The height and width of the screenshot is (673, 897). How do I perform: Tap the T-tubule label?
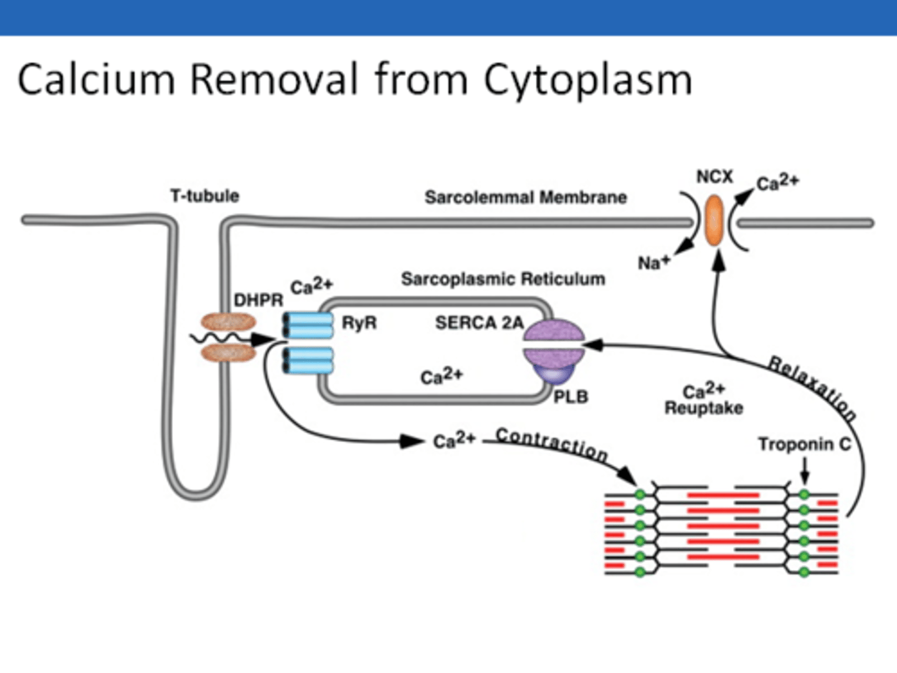[x=204, y=196]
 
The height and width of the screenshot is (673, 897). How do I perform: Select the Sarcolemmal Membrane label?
[x=525, y=198]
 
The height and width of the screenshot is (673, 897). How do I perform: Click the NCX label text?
[x=714, y=177]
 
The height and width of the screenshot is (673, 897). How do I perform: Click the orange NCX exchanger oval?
[x=714, y=220]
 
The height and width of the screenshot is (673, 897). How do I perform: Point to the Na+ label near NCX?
[x=653, y=262]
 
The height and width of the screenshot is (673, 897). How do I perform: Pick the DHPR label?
[x=258, y=300]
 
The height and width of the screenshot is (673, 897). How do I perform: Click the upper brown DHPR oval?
[x=228, y=322]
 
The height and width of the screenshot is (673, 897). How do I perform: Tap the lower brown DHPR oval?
[x=228, y=353]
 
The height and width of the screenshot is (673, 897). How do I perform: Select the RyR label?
[x=359, y=323]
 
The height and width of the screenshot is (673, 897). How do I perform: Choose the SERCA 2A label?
[x=478, y=323]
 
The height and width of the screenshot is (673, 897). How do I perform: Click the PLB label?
[x=571, y=397]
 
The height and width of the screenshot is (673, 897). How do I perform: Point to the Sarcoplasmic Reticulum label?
[x=503, y=279]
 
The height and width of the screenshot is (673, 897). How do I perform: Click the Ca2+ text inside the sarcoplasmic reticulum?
[x=441, y=376]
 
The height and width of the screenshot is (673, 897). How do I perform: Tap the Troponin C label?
[x=804, y=444]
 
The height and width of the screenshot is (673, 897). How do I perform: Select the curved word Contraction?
[x=552, y=444]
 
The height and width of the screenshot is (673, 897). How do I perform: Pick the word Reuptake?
[x=704, y=408]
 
